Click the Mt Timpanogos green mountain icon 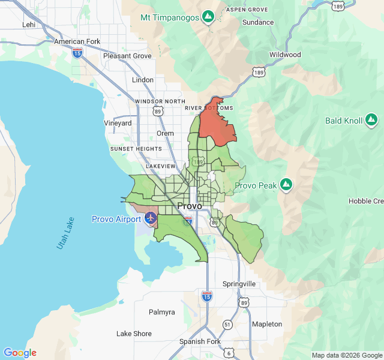[208, 17]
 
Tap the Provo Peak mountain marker [286, 184]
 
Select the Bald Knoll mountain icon [371, 120]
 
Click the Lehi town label [29, 25]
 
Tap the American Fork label [77, 41]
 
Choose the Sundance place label [258, 22]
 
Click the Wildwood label [285, 55]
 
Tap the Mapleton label [267, 324]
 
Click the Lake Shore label [134, 334]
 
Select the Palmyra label [162, 312]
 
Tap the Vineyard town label [118, 123]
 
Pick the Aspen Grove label [247, 10]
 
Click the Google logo [20, 353]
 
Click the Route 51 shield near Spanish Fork [227, 324]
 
